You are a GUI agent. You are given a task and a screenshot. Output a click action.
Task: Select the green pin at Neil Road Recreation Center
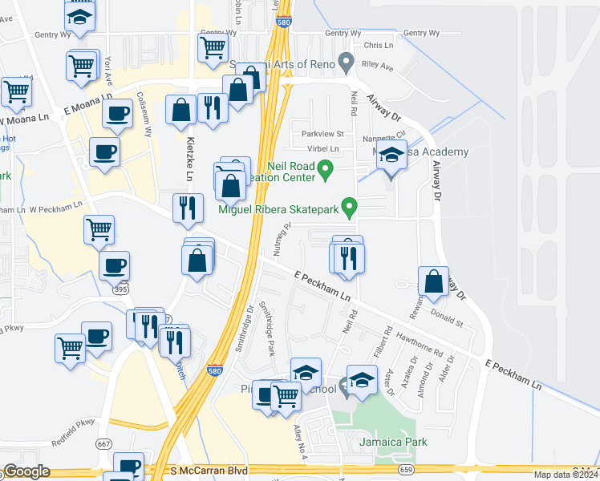point(325,168)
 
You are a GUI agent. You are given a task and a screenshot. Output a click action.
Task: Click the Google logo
point(26,471)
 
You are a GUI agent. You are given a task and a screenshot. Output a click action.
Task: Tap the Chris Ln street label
point(379,46)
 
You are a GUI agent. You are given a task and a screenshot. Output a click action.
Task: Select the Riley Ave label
point(377,68)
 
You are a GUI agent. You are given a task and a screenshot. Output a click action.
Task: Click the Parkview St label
point(322,134)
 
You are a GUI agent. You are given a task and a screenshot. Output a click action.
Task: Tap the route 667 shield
point(103,443)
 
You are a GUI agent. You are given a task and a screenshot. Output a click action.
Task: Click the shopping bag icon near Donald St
point(433,281)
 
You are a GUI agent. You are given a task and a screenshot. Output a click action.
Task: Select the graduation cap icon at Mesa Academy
point(391,156)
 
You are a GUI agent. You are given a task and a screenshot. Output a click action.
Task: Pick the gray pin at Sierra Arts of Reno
point(346,60)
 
